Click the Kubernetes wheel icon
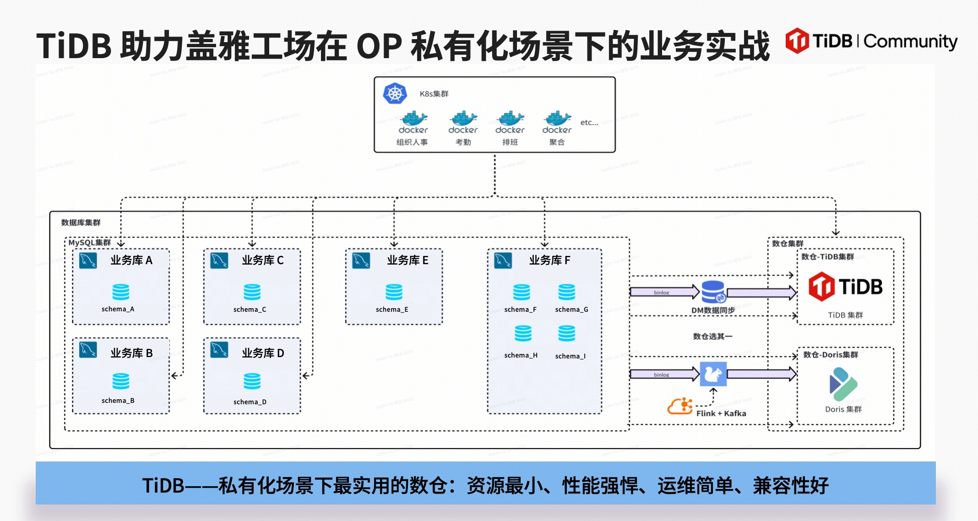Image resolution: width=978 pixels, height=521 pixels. click(395, 93)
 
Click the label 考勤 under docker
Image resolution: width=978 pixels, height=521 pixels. click(463, 142)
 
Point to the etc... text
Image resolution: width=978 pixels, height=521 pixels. click(589, 123)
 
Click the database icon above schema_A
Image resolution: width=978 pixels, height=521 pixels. click(121, 292)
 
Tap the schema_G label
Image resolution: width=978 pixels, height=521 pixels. click(571, 310)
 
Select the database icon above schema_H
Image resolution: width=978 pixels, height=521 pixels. click(523, 333)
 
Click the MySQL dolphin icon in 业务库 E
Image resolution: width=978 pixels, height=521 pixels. click(361, 260)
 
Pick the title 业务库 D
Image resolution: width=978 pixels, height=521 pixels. click(263, 353)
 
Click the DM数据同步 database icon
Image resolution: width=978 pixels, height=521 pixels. click(713, 292)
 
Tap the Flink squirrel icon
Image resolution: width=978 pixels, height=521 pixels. click(713, 374)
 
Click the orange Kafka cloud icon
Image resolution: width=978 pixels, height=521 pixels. click(680, 406)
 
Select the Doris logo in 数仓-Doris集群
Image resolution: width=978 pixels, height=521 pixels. click(842, 384)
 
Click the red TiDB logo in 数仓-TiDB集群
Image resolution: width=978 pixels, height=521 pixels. click(821, 287)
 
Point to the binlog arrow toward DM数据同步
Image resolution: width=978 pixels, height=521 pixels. click(664, 292)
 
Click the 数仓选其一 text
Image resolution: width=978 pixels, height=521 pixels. click(712, 336)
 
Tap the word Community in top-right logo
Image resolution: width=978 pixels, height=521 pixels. click(910, 42)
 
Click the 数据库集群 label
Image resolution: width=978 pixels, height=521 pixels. click(81, 223)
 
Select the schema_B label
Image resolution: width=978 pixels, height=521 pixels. click(118, 401)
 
